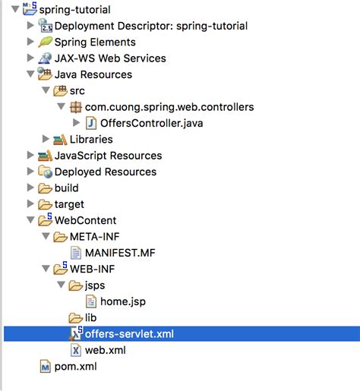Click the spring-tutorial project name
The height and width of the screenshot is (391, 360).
point(75,10)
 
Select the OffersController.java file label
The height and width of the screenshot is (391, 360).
point(152,123)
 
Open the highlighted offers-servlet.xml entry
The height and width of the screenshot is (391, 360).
point(129,334)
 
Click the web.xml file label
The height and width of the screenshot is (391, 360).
point(106,350)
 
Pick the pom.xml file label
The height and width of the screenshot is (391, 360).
point(76,367)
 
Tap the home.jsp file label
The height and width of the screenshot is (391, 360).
point(123,301)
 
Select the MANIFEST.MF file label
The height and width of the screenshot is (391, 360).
point(120,253)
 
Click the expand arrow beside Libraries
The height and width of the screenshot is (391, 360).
point(46,139)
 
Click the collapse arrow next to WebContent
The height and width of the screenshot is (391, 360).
point(30,220)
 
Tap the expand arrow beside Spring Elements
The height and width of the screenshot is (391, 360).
point(30,41)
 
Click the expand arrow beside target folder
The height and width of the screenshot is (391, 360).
point(30,203)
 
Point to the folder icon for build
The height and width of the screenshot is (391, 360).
point(45,188)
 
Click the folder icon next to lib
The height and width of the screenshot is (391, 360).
point(76,318)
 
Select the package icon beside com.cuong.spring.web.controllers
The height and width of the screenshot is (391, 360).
point(76,107)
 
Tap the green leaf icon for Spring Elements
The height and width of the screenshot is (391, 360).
point(45,42)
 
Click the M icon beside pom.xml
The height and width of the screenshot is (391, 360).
point(46,367)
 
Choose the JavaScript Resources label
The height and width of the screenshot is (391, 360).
point(109,156)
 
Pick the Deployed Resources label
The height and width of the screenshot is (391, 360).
point(106,172)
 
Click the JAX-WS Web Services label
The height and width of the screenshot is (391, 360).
point(110,58)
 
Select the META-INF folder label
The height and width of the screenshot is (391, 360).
point(95,237)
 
